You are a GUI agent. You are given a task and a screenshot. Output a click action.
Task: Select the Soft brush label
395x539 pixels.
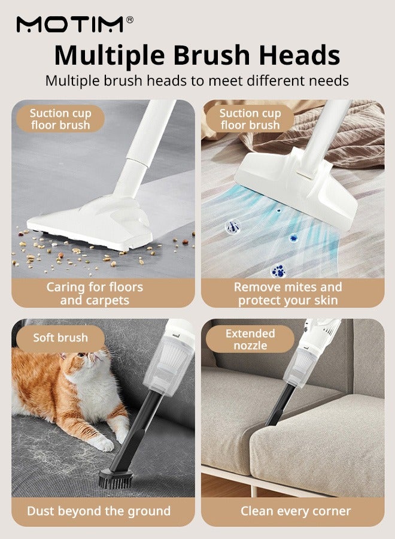[60, 338]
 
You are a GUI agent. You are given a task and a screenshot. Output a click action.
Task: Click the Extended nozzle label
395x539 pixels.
[250, 339]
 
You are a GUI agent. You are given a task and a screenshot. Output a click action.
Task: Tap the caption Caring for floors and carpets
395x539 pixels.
[95, 293]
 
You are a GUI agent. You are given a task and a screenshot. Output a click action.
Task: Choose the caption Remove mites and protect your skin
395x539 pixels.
[288, 293]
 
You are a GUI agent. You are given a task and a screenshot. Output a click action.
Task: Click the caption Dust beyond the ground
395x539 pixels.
[99, 511]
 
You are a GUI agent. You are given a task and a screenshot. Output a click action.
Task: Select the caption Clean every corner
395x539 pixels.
[296, 511]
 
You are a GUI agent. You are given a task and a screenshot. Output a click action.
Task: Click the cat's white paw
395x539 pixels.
[104, 444]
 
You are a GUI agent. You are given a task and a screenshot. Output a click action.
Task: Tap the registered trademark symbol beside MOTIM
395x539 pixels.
[130, 20]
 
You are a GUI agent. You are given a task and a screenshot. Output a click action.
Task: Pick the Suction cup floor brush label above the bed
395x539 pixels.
[250, 119]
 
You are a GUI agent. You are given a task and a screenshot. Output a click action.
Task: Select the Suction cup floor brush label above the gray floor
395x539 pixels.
[60, 119]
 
